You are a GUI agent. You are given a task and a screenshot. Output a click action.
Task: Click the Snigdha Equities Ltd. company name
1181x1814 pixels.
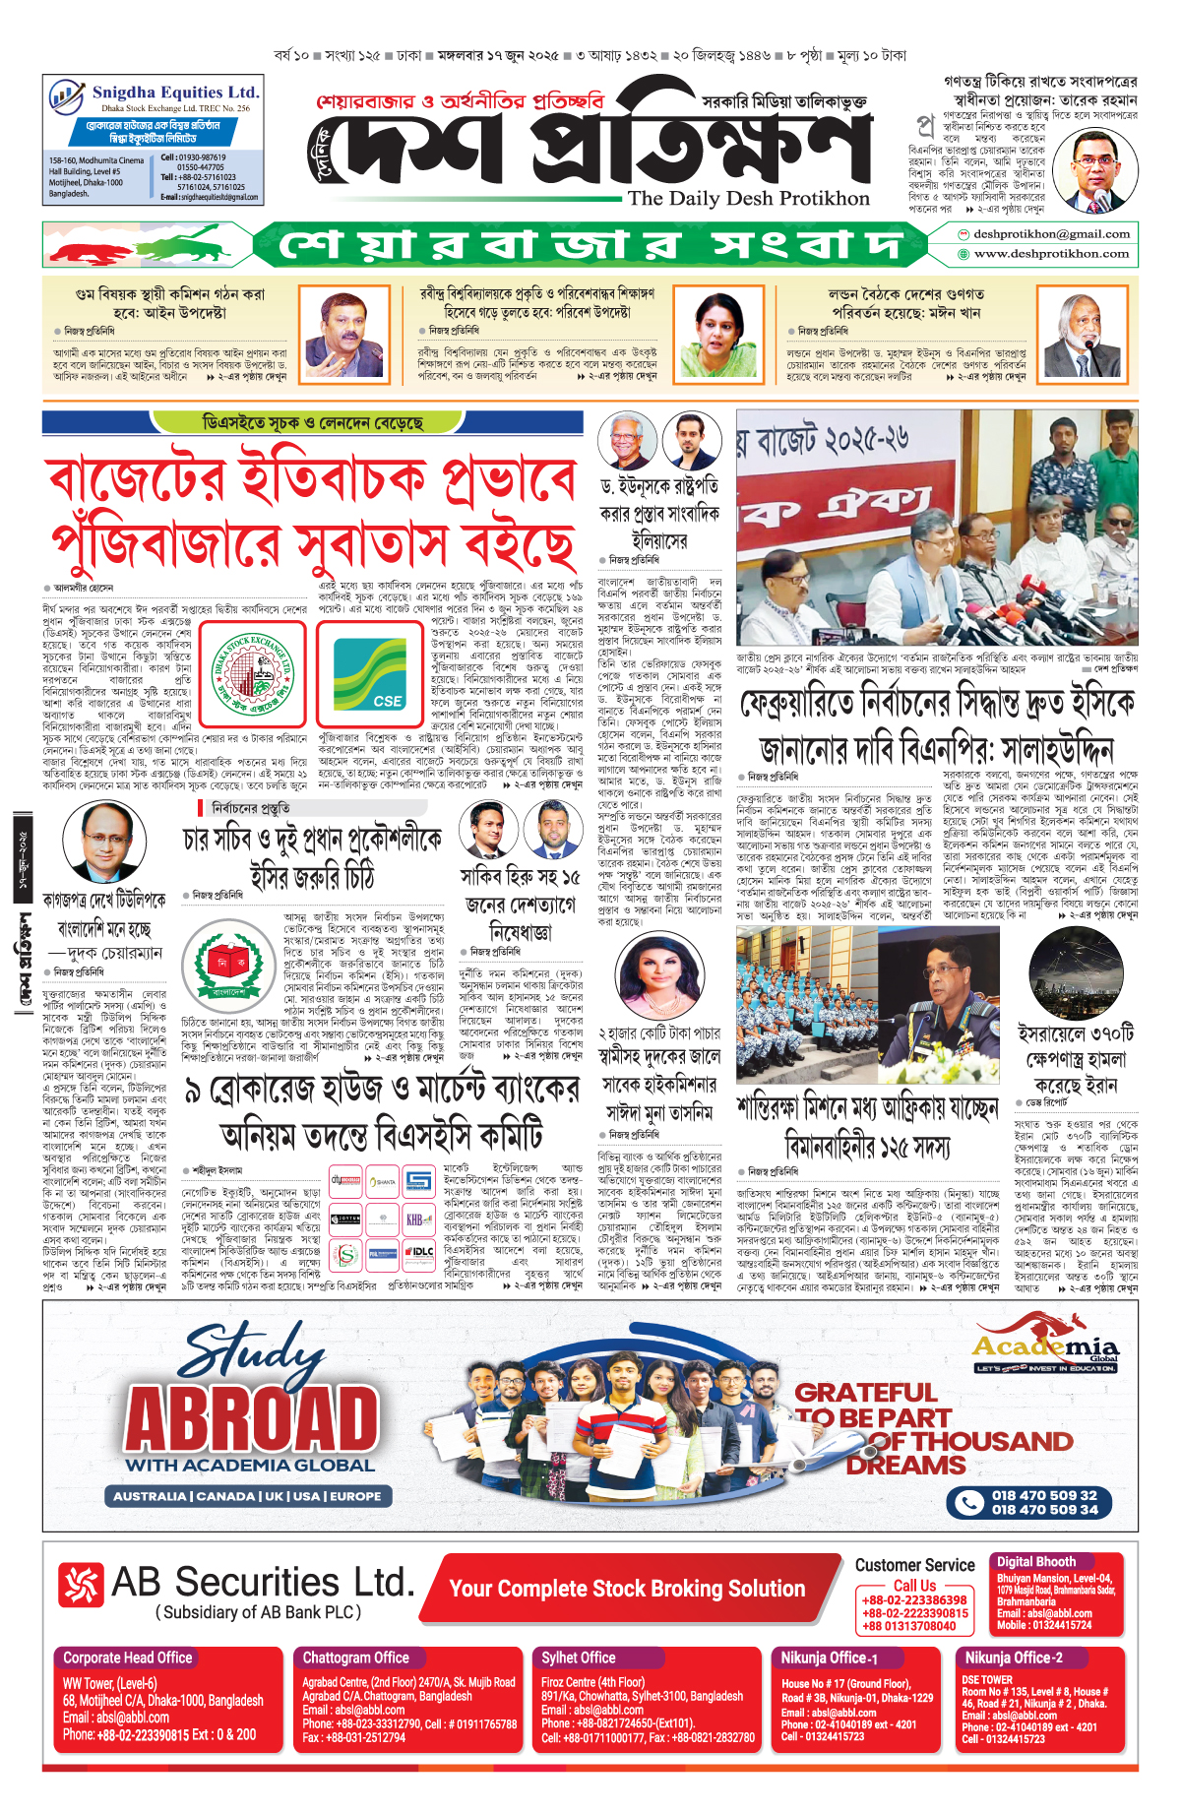click(x=175, y=92)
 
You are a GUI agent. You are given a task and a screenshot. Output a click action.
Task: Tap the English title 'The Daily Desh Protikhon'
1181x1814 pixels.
click(x=748, y=199)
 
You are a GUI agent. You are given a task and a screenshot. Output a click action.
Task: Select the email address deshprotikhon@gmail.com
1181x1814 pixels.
click(x=1050, y=234)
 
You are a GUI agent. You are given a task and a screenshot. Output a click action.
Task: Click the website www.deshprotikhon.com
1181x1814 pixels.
click(x=1051, y=254)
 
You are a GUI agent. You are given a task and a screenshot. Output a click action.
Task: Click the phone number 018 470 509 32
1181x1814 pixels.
click(x=1044, y=1495)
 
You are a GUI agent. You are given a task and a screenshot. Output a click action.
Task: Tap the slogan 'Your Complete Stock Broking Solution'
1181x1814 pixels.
click(x=627, y=1589)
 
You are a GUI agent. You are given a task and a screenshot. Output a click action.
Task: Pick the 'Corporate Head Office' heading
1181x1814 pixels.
click(x=128, y=1658)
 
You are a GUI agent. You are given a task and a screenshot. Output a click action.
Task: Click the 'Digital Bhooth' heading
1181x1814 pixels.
click(x=1035, y=1561)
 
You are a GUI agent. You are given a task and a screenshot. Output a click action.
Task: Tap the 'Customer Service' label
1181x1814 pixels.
click(x=914, y=1565)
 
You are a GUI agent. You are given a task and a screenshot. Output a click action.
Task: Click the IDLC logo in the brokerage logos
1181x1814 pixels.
click(x=420, y=1252)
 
